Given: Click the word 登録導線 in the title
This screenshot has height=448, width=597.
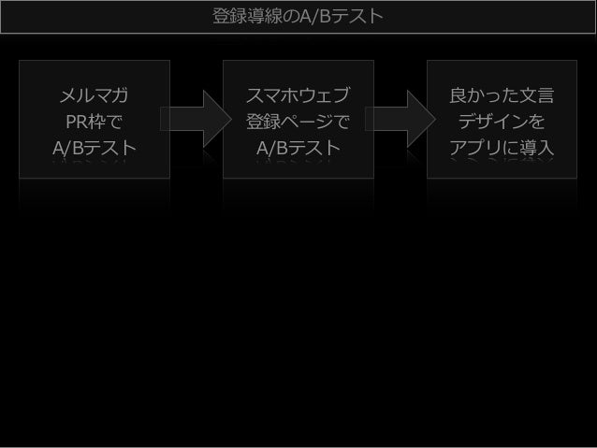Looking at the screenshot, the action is pos(241,17).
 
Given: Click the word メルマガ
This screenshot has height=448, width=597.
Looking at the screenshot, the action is pos(95,95).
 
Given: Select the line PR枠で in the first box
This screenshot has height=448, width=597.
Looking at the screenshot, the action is pos(95,122).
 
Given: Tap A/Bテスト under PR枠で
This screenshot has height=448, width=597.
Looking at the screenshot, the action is pos(95,148).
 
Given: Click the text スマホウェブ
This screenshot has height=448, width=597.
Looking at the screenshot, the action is pos(298,95).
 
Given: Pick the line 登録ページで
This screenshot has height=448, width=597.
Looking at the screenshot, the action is pos(298,122).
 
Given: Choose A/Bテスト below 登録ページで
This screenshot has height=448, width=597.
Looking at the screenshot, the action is pos(298,148).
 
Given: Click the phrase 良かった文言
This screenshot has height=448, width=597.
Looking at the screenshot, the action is pos(502,95).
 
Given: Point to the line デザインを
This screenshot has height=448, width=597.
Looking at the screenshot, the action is pos(502,122).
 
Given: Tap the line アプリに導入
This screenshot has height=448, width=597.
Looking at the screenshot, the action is pos(502,148).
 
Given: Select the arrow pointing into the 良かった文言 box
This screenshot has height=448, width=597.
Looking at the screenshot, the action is pos(400,119).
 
